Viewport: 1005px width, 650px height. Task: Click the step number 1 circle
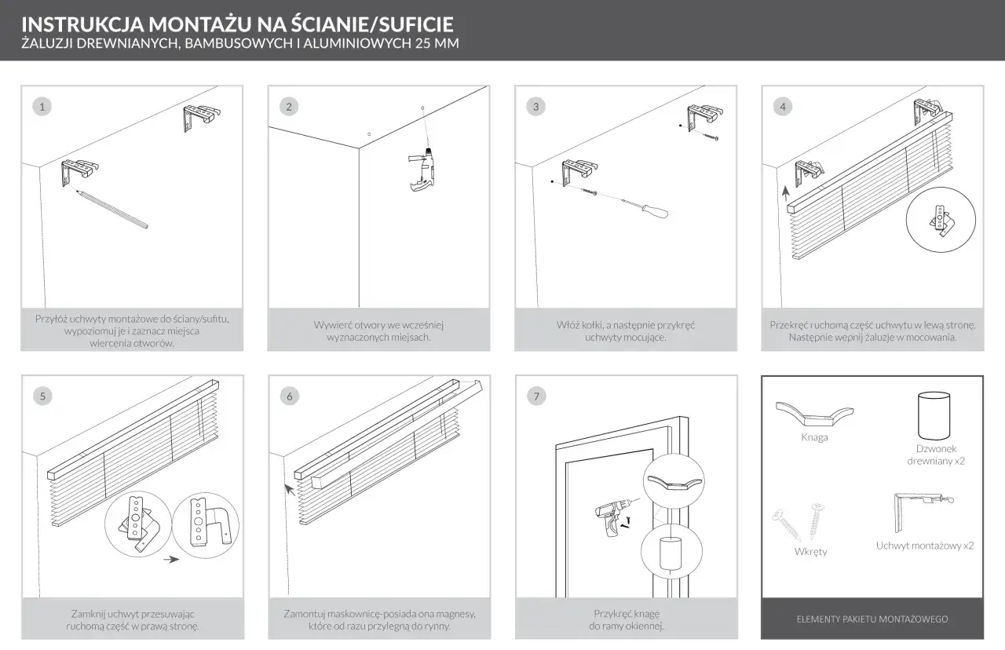click(x=42, y=106)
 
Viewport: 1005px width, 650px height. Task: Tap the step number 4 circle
click(x=782, y=106)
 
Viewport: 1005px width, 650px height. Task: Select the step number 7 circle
click(x=536, y=396)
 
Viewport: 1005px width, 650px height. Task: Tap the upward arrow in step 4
click(x=786, y=192)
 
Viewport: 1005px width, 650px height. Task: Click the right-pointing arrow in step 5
click(x=170, y=560)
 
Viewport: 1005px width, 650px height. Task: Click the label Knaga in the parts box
click(x=815, y=438)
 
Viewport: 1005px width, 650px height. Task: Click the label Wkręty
click(x=811, y=552)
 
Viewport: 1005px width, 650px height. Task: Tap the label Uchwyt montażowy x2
click(x=925, y=546)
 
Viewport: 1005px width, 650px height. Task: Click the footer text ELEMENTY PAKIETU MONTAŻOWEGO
click(x=872, y=619)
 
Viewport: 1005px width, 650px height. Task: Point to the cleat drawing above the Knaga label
click(x=816, y=413)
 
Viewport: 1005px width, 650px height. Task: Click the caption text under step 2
click(x=379, y=330)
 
